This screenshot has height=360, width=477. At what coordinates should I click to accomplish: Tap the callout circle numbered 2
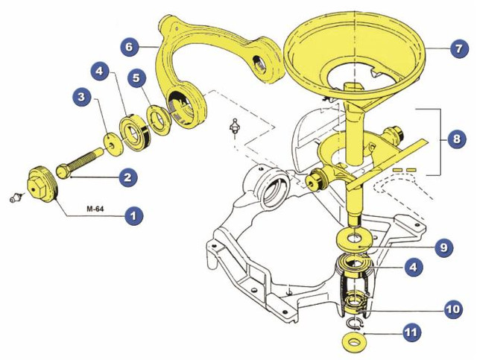point(128,177)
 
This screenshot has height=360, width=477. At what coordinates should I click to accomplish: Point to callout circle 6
point(130,46)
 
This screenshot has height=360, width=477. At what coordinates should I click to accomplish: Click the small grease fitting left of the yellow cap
point(16,198)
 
